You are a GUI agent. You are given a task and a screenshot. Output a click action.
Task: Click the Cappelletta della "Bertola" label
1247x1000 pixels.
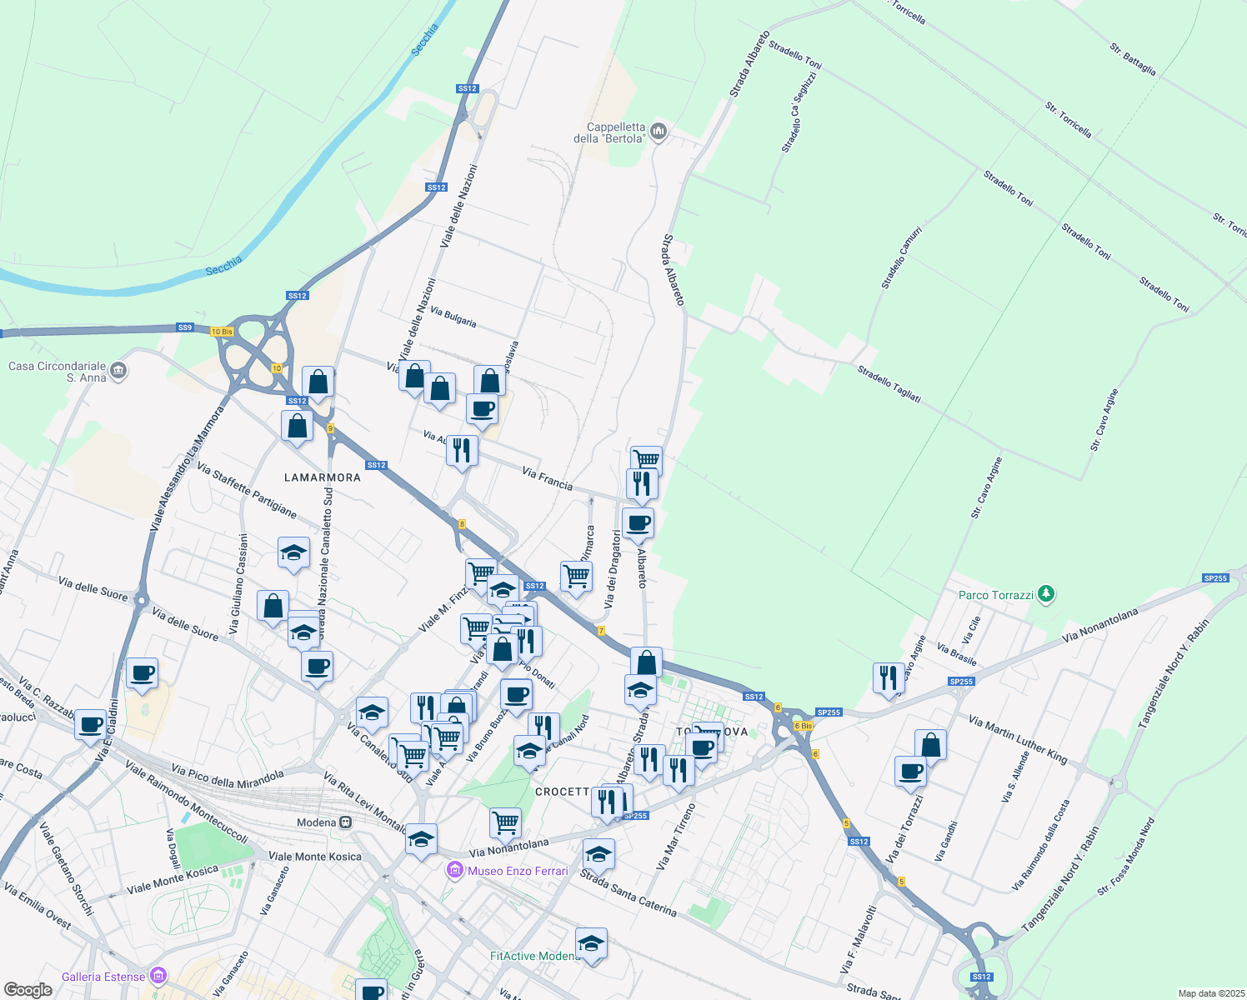click(609, 132)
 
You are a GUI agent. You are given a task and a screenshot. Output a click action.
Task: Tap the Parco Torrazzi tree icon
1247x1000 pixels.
click(1047, 594)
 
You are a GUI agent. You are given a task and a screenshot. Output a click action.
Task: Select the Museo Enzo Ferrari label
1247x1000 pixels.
click(517, 871)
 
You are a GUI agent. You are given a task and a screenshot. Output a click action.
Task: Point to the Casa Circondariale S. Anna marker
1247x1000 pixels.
click(118, 370)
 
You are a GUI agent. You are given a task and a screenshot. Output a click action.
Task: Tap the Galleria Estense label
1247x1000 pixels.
click(103, 977)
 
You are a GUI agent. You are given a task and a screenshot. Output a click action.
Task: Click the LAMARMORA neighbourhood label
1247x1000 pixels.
click(323, 477)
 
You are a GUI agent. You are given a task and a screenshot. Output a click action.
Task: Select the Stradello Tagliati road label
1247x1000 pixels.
click(889, 384)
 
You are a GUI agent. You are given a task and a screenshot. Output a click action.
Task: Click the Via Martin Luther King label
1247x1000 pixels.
click(1017, 738)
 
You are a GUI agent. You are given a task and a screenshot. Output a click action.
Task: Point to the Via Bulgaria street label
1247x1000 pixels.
click(453, 317)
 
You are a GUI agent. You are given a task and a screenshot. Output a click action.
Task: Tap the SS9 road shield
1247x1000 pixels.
click(185, 327)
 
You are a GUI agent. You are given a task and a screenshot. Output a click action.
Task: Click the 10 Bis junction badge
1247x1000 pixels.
click(222, 332)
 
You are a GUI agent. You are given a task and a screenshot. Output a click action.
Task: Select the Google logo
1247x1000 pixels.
click(28, 990)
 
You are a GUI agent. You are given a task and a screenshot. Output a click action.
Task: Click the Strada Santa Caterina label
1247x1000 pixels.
click(628, 892)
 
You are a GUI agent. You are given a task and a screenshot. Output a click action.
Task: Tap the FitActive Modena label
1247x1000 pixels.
click(534, 956)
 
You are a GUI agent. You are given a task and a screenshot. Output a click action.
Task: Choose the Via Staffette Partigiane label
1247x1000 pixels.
click(247, 491)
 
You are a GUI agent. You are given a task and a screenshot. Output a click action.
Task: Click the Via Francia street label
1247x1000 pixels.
click(547, 478)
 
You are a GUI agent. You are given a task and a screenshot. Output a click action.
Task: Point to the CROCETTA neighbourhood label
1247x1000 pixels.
click(562, 792)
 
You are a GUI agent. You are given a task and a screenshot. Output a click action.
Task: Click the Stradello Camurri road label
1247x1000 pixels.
click(902, 257)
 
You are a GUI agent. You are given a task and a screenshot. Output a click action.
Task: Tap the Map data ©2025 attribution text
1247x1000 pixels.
click(1210, 993)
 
